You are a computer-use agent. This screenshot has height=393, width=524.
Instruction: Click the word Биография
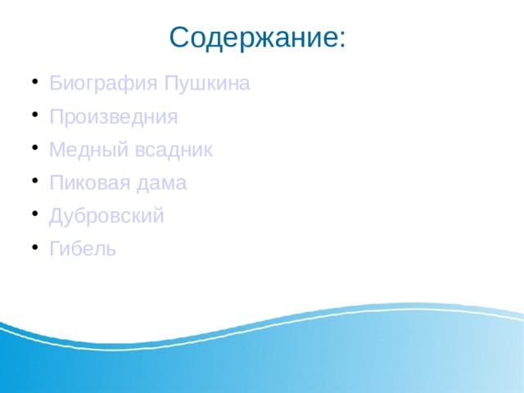pyautogui.click(x=104, y=84)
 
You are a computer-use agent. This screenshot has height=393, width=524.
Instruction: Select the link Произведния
pyautogui.click(x=113, y=117)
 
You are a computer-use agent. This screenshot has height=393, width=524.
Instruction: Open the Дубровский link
pyautogui.click(x=106, y=216)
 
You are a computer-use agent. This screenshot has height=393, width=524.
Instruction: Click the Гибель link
pyautogui.click(x=83, y=249)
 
